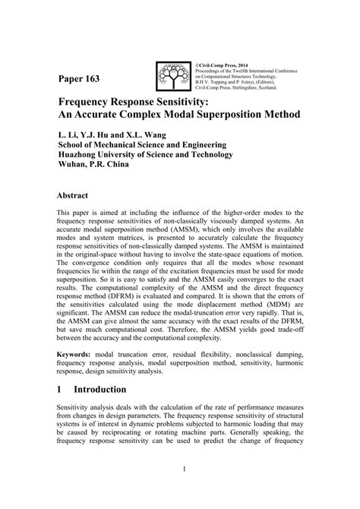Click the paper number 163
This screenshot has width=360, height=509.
click(x=95, y=80)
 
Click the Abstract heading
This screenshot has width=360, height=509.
click(x=78, y=194)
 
